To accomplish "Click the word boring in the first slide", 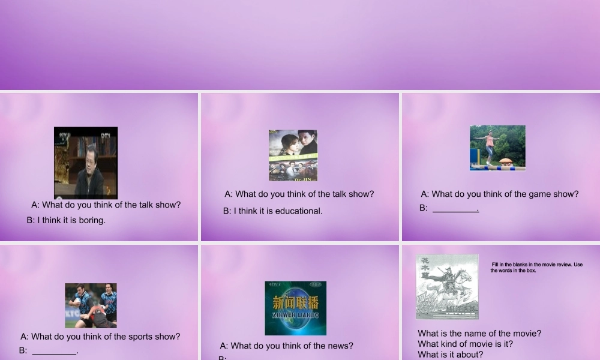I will pos(92,220).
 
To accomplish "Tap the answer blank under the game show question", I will pos(455,209).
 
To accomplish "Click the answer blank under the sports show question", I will pos(55,352).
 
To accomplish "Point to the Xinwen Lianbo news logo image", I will pos(295,308).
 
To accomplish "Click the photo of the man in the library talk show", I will pos(86,163).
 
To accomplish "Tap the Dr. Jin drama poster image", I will pos(293,155).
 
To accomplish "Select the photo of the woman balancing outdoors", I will pos(497,148).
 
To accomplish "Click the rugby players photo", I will pos(91,305).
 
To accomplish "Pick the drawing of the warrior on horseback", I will pos(447,286).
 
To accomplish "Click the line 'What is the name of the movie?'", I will pos(479,334).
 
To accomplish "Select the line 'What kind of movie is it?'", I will pos(466,344).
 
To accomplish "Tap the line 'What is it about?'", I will pos(450,355).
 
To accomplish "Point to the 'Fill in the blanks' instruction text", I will pos(536,267).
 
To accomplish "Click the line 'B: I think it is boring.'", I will pos(66,220).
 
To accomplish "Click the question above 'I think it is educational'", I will pos(299,194).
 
